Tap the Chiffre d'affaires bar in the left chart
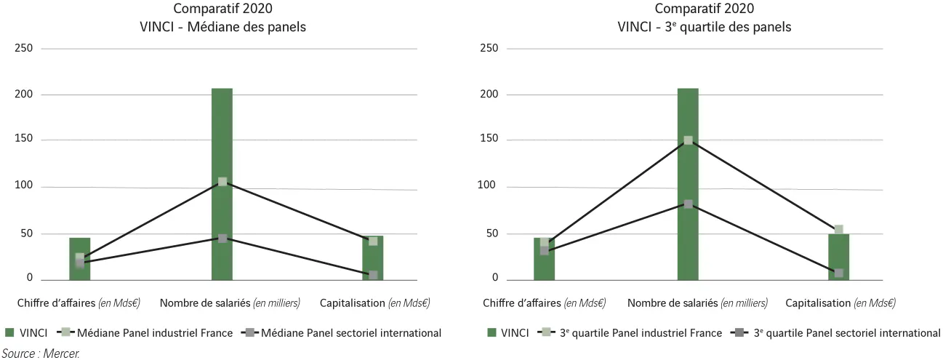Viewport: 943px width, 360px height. pyautogui.click(x=79, y=258)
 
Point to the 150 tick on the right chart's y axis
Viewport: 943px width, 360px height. pyautogui.click(x=489, y=140)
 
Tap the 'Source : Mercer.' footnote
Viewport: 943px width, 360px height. pyautogui.click(x=39, y=353)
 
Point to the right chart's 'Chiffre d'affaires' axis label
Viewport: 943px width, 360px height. pyautogui.click(x=544, y=303)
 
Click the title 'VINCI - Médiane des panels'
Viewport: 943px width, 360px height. pyautogui.click(x=222, y=28)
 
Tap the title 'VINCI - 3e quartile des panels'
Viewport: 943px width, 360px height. pyautogui.click(x=704, y=28)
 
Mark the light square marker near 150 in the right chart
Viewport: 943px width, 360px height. pyautogui.click(x=688, y=140)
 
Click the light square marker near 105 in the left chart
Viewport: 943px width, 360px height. pyautogui.click(x=222, y=182)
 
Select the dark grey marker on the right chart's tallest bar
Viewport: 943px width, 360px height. pyautogui.click(x=688, y=204)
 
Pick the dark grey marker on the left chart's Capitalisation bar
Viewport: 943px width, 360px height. pyautogui.click(x=373, y=275)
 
